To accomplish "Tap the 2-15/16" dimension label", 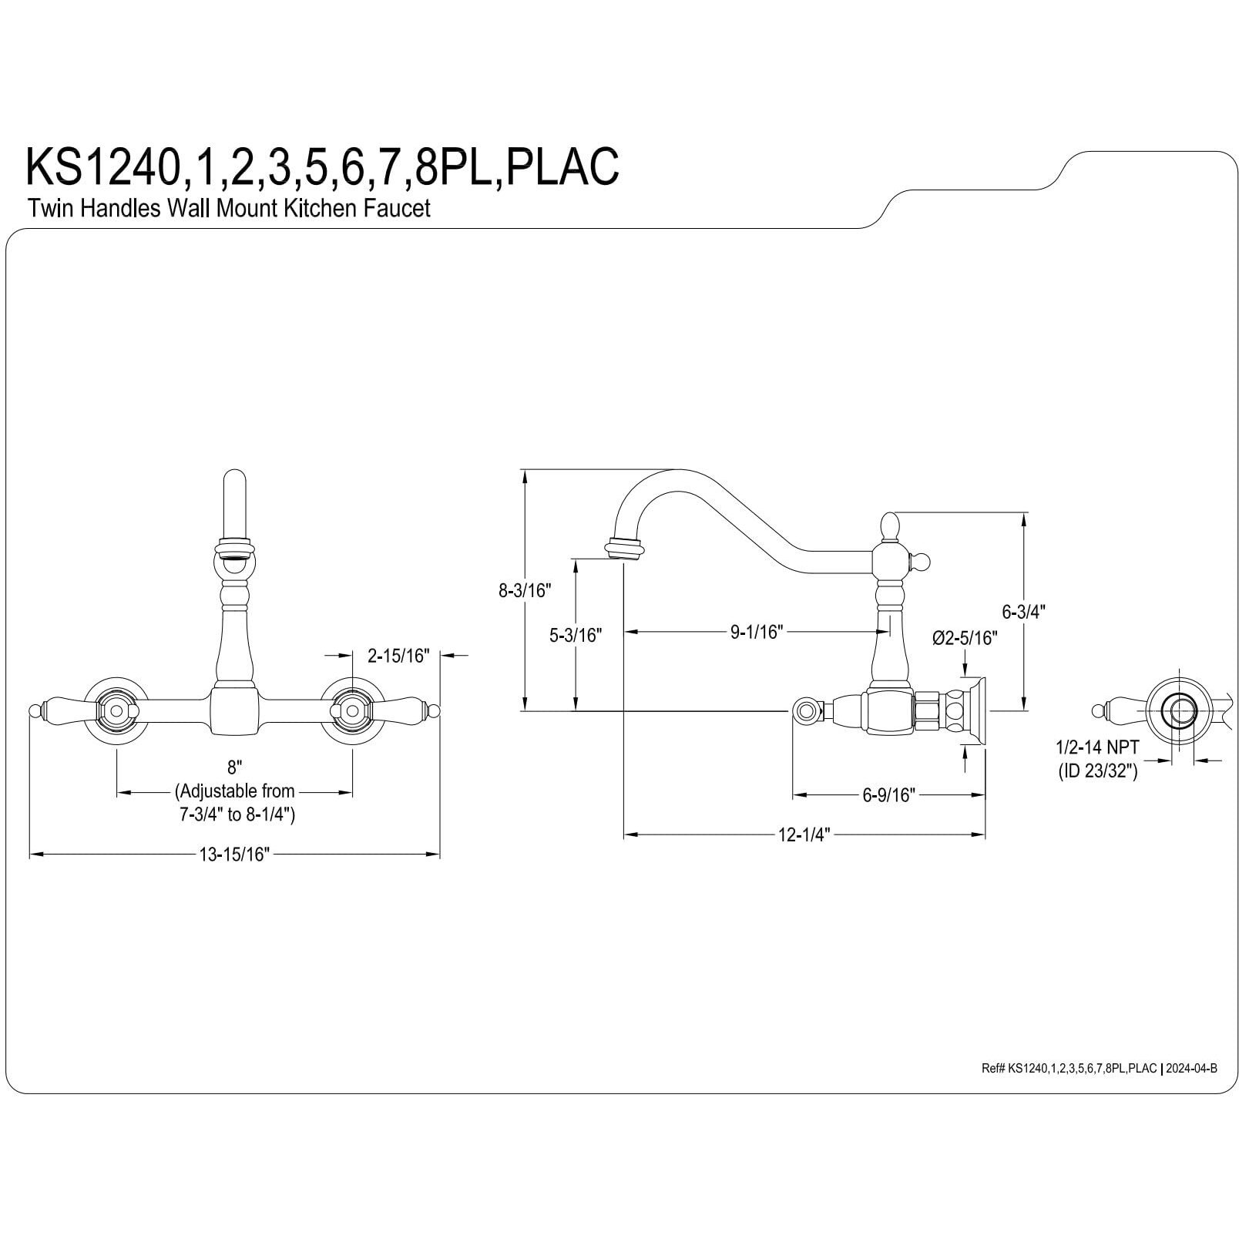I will [x=397, y=656].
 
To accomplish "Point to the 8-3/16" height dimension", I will [x=525, y=591].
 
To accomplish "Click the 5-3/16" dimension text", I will [x=575, y=636].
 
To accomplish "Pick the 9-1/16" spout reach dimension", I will [x=756, y=632].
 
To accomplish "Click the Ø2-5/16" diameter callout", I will [x=964, y=638].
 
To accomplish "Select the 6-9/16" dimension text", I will [x=888, y=795].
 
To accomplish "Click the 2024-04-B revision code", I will [x=1191, y=1068].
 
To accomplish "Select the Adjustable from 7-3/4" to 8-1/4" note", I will [x=235, y=803].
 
